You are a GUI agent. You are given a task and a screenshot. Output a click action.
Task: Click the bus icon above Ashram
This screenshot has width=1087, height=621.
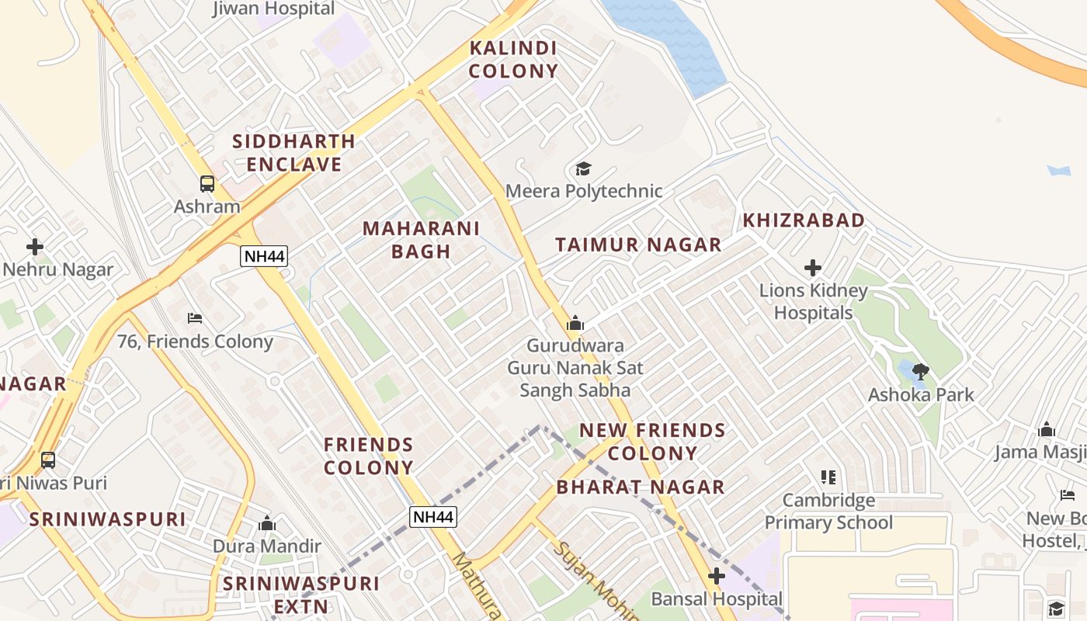(x=207, y=184)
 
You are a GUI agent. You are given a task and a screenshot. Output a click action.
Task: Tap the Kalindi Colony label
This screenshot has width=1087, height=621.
(x=513, y=60)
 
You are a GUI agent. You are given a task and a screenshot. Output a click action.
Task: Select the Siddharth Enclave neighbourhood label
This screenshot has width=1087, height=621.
(x=293, y=153)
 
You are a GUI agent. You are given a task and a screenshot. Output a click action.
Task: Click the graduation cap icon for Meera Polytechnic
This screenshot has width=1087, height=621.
(x=583, y=168)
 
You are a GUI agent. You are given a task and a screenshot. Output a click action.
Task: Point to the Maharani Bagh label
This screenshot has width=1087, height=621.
(x=421, y=240)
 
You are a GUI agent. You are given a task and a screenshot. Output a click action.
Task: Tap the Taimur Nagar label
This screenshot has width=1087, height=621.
(x=638, y=245)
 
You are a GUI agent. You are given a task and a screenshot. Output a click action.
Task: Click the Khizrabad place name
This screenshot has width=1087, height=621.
(x=804, y=220)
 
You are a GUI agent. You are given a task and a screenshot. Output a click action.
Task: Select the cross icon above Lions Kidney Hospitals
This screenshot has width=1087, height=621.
(x=813, y=269)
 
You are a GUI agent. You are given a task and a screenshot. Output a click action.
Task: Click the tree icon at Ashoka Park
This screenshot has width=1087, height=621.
(x=921, y=372)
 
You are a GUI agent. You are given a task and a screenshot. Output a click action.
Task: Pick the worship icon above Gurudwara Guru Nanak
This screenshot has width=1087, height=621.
(x=575, y=322)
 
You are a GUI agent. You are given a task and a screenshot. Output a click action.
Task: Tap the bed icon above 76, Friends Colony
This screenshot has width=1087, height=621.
(x=195, y=318)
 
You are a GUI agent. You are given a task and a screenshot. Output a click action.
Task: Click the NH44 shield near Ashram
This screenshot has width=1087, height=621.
(x=264, y=256)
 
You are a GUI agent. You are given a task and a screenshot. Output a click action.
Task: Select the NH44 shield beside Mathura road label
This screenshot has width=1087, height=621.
(x=433, y=517)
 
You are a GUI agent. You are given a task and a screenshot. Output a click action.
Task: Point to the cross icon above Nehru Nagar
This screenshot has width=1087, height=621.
(x=35, y=248)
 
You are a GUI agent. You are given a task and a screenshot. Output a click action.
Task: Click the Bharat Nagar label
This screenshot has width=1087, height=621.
(x=641, y=487)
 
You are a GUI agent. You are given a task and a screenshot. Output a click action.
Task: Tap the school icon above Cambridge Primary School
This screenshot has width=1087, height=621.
(x=828, y=477)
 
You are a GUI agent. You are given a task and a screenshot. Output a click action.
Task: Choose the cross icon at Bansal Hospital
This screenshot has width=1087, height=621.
(x=717, y=577)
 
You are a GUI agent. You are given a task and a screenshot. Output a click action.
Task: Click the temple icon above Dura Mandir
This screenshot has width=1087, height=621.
(x=267, y=524)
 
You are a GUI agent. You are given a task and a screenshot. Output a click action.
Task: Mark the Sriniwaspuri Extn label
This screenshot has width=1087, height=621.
(x=301, y=595)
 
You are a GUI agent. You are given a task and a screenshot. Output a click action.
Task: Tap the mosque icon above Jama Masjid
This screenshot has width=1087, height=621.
(x=1047, y=430)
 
